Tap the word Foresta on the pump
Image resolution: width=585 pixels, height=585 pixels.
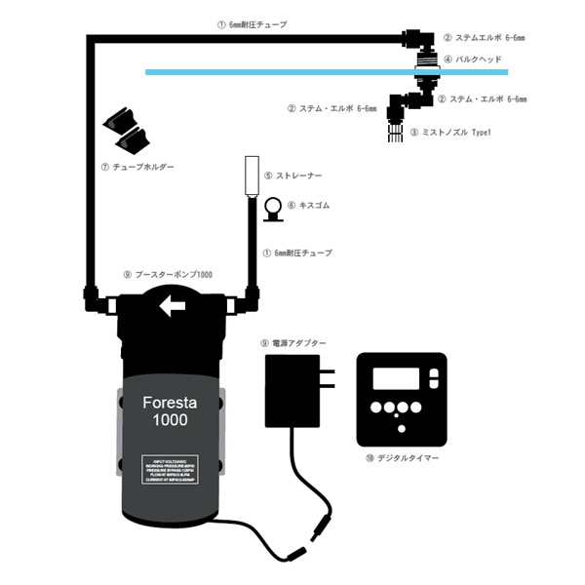pos(171,403)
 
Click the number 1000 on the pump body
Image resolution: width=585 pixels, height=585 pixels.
pos(171,421)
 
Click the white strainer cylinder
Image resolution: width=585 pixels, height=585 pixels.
pos(250,175)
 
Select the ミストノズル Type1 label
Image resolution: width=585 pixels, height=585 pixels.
pos(453,132)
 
